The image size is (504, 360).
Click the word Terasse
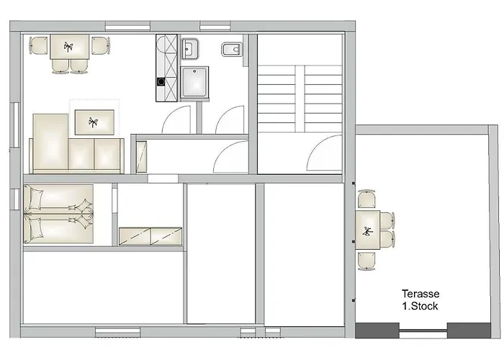420,294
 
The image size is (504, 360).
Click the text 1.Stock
420,306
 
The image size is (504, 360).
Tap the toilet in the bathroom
232,50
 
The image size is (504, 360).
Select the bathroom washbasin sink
189,49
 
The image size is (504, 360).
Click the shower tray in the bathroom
194,82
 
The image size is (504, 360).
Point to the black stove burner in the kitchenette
161,82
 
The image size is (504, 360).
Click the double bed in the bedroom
58,214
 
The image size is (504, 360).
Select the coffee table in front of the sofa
94,122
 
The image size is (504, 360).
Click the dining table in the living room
69,47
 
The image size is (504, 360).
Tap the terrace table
367,230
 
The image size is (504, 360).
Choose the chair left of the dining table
39,45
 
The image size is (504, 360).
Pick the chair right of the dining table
101,45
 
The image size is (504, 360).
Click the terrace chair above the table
366,199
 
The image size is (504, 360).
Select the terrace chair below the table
366,261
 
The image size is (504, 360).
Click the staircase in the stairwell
300,99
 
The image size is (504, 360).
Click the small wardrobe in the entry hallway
141,156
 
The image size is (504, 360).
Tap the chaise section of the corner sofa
50,141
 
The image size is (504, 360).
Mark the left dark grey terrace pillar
377,330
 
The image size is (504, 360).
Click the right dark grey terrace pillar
469,330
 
